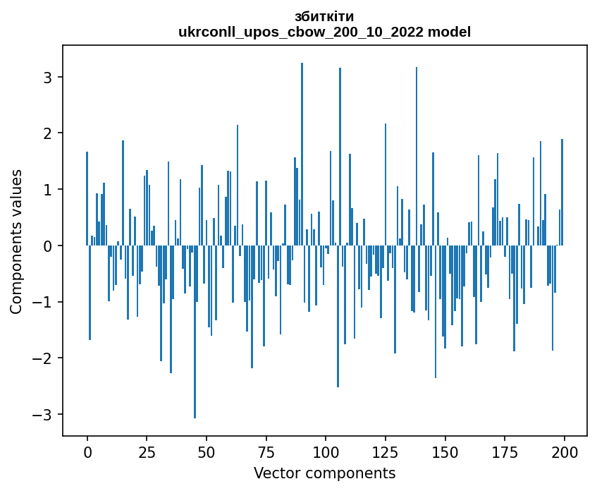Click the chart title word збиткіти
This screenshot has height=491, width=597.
click(324, 16)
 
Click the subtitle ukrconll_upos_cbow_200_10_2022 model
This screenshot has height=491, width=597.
click(324, 32)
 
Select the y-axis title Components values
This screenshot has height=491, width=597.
click(16, 241)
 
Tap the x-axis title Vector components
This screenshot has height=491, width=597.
click(324, 473)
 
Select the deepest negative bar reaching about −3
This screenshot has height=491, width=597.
click(195, 332)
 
